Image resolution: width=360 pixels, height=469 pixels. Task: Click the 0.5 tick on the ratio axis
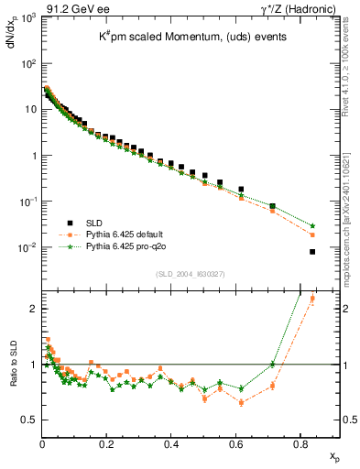[30, 420]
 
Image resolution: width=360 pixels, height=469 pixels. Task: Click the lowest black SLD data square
[312, 252]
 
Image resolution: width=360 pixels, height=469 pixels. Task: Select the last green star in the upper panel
[312, 225]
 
